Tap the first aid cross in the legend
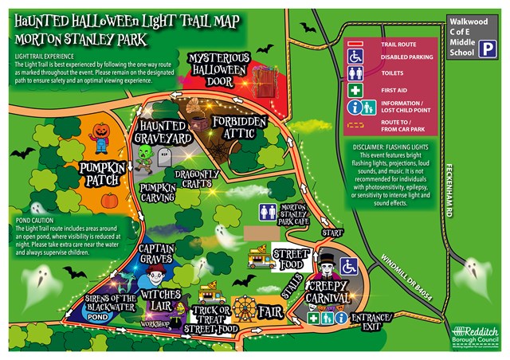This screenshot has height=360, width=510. tap(351, 88)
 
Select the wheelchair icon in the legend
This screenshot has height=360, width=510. tap(351, 57)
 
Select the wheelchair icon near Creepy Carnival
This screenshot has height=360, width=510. tap(349, 265)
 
